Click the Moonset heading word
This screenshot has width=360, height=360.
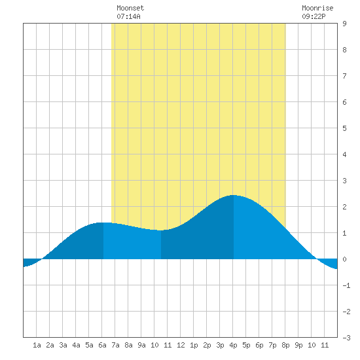point(130,8)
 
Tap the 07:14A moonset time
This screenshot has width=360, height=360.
point(128,16)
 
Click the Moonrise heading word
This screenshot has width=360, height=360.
point(317,8)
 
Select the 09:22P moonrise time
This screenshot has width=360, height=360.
point(314,16)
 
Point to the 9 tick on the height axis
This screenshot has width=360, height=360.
point(344,24)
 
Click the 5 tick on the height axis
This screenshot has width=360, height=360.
point(344,128)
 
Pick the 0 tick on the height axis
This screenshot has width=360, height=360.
point(344,259)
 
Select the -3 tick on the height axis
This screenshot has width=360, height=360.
point(346,338)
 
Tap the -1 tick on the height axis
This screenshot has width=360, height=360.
point(346,285)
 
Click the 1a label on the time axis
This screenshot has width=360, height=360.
point(37,345)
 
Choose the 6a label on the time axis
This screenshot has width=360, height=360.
point(102,345)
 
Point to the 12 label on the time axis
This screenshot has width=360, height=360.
point(181,345)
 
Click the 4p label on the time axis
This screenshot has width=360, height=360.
point(233,345)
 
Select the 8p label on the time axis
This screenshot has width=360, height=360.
point(285,345)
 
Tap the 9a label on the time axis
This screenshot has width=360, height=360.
point(141,345)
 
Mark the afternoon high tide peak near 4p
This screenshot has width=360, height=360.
point(233,195)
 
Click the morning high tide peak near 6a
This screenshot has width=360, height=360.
point(101,223)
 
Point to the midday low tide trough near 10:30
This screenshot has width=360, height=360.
point(160,230)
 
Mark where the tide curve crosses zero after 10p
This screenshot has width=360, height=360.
point(317,259)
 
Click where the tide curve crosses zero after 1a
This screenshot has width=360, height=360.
point(42,259)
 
